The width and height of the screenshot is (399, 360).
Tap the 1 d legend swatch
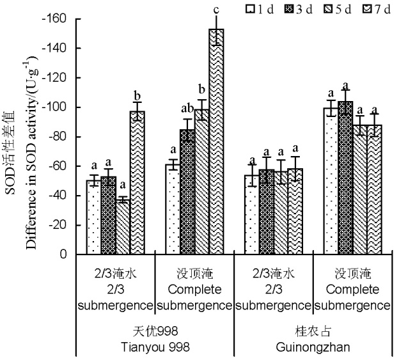click(252, 9)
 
